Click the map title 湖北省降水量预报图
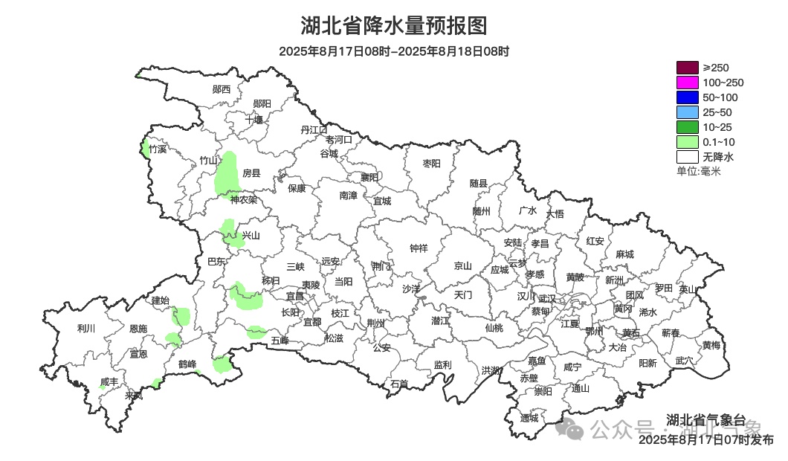394,26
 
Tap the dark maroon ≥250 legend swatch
688,68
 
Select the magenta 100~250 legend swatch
688,83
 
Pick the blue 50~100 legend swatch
688,97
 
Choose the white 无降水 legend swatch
688,157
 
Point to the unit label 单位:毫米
698,172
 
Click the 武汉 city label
546,297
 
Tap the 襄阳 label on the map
369,177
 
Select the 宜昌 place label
295,296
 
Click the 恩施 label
138,329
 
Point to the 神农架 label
243,199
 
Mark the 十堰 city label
254,120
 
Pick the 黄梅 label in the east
711,345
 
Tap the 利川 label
86,329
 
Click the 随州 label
482,211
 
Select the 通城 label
529,418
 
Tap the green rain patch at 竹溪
144,148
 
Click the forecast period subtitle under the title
394,51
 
